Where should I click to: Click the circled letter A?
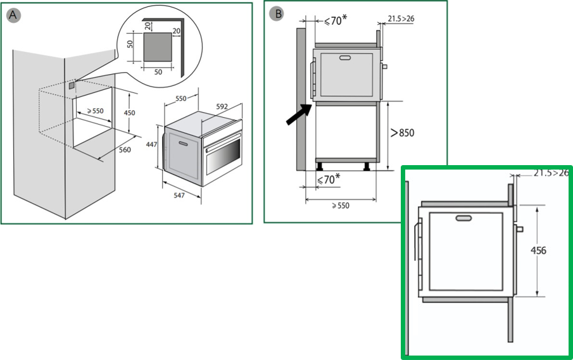pyautogui.click(x=13, y=15)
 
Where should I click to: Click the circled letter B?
pyautogui.click(x=277, y=14)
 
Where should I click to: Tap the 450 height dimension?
pyautogui.click(x=129, y=113)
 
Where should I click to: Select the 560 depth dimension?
pyautogui.click(x=125, y=150)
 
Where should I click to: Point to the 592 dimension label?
pyautogui.click(x=222, y=107)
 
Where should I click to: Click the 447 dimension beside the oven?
pyautogui.click(x=151, y=145)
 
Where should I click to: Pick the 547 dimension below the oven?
pyautogui.click(x=179, y=196)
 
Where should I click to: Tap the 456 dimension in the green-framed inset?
pyautogui.click(x=538, y=251)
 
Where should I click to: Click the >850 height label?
pyautogui.click(x=402, y=132)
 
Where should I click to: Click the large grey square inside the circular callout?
pyautogui.click(x=157, y=47)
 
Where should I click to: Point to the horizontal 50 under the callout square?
pyautogui.click(x=158, y=72)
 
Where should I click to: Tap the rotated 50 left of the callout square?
pyautogui.click(x=130, y=44)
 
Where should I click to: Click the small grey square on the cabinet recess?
pyautogui.click(x=72, y=85)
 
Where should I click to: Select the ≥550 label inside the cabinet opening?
pyautogui.click(x=95, y=111)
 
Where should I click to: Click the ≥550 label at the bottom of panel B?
pyautogui.click(x=341, y=206)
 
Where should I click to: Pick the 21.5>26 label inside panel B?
pyautogui.click(x=401, y=18)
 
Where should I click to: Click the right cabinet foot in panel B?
pyautogui.click(x=367, y=166)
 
